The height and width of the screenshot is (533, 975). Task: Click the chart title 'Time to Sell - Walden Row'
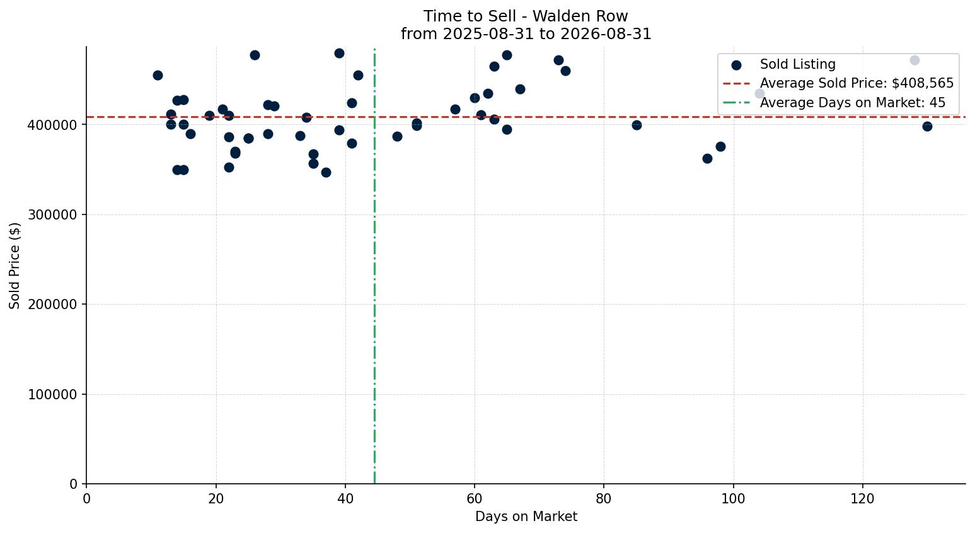coord(526,16)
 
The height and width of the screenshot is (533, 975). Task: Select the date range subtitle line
coord(526,34)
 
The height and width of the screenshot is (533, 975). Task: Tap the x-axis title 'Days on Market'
coord(526,517)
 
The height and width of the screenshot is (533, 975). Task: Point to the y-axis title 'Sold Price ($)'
coord(14,266)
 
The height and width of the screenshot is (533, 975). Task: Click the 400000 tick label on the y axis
coord(52,125)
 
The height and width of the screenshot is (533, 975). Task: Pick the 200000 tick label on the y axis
coord(52,305)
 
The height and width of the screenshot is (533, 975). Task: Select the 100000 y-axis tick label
coord(52,394)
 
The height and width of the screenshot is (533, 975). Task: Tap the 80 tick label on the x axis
coord(604,498)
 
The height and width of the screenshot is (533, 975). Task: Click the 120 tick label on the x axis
coord(862,498)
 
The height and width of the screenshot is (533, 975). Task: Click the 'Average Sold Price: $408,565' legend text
coord(857,83)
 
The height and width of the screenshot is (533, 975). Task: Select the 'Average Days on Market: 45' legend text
coord(853,103)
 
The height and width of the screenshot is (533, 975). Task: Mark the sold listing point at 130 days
coord(927,126)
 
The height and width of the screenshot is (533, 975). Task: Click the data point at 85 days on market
coord(637,125)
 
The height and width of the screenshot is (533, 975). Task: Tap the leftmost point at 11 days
coord(158,75)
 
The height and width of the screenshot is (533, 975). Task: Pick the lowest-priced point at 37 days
coord(326,172)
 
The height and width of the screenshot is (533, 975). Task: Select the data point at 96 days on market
coord(707,158)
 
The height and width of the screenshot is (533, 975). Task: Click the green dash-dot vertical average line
coord(374,266)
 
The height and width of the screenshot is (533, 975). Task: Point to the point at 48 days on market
coord(397,136)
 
